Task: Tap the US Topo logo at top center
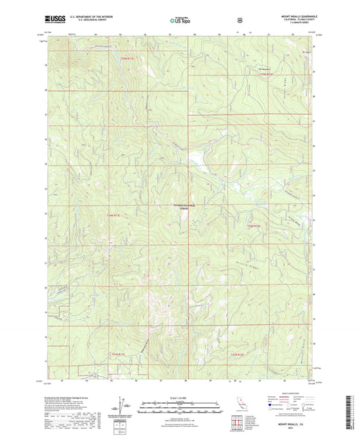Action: (x=181, y=21)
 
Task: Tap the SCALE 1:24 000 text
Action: (x=181, y=398)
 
